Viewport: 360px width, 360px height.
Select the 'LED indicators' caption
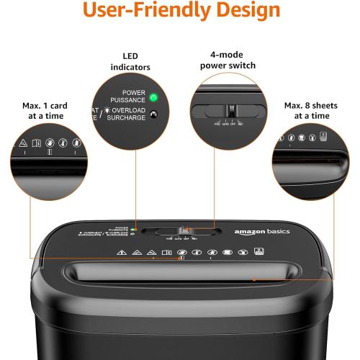tap(130, 61)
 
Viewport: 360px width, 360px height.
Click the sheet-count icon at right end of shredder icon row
tap(258, 253)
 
